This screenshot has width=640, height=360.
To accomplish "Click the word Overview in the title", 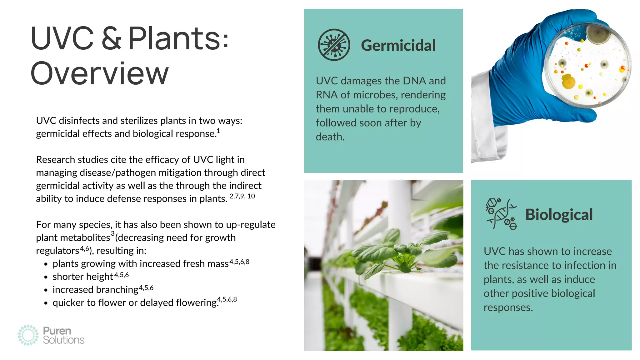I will [x=99, y=74].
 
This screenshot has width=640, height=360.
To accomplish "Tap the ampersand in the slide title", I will [x=111, y=39].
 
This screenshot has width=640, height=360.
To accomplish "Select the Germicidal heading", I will [x=398, y=46].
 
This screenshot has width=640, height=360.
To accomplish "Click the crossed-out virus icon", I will [x=334, y=45].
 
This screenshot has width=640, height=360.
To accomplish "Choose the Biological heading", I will [x=559, y=215].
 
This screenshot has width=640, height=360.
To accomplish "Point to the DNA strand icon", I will [x=501, y=214].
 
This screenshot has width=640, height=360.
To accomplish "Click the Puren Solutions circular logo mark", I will [x=28, y=335].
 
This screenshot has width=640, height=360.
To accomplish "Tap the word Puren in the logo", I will [x=57, y=331].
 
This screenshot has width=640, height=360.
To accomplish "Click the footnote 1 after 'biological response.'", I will [x=218, y=131].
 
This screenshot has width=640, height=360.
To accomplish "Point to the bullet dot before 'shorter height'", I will [x=46, y=277].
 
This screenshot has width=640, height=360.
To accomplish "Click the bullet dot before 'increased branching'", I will [x=46, y=290].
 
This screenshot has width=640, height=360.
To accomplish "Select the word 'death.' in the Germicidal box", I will [x=330, y=137].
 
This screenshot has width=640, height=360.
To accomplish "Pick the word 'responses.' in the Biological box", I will [x=508, y=307].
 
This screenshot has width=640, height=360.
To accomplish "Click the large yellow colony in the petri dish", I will [x=568, y=82].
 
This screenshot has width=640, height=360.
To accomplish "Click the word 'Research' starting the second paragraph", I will [x=55, y=160].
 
